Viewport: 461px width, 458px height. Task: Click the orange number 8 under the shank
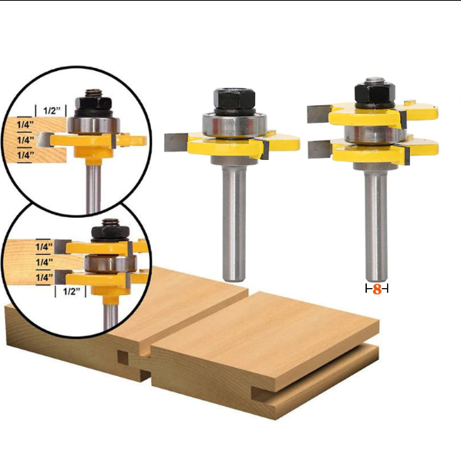pyautogui.click(x=376, y=289)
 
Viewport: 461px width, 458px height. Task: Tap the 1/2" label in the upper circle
pyautogui.click(x=52, y=110)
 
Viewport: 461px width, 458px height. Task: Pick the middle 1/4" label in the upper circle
pyautogui.click(x=25, y=140)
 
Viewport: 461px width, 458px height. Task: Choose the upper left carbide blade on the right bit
pyautogui.click(x=318, y=113)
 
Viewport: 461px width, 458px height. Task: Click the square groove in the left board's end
pyautogui.click(x=121, y=357)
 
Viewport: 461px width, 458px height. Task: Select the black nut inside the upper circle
pyautogui.click(x=94, y=103)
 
